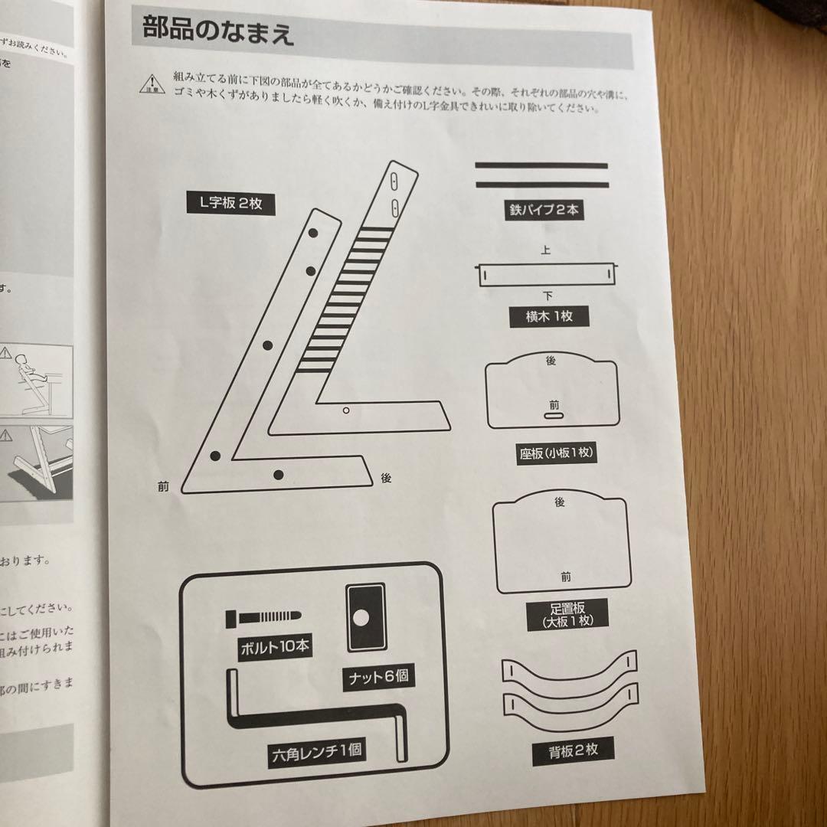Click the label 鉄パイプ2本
543,209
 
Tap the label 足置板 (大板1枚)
567,614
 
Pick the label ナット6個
378,678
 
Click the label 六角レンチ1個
314,750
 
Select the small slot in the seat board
553,416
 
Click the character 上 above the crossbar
545,250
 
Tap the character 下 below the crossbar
548,296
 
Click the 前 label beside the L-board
163,486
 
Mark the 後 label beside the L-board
386,478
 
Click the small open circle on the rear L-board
346,411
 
